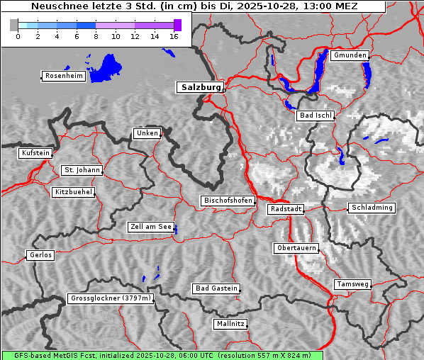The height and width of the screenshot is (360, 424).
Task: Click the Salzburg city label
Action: point(200,87)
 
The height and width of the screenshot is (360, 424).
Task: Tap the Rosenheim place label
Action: point(64,76)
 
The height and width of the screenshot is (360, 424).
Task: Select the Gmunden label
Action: point(349,55)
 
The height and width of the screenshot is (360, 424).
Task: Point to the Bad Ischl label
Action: point(316,116)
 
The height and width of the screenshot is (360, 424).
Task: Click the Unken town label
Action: point(147,133)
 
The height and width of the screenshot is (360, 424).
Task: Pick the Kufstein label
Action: point(35,153)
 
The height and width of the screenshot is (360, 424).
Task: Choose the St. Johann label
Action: point(82,170)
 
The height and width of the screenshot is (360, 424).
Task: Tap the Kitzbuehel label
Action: point(73,192)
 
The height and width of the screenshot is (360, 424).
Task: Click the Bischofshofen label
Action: point(228,201)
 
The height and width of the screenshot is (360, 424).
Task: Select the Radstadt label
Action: point(286,209)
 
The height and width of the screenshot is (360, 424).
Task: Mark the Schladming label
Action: point(371,208)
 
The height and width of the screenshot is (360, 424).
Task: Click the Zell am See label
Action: point(151,227)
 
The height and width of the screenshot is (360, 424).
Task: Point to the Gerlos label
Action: point(40,255)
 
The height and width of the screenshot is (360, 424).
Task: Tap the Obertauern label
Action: point(296,248)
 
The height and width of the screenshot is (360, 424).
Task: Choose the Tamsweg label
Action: point(352,284)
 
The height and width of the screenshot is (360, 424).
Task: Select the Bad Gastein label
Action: point(216,288)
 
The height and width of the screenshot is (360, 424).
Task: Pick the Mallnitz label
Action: point(230,324)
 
